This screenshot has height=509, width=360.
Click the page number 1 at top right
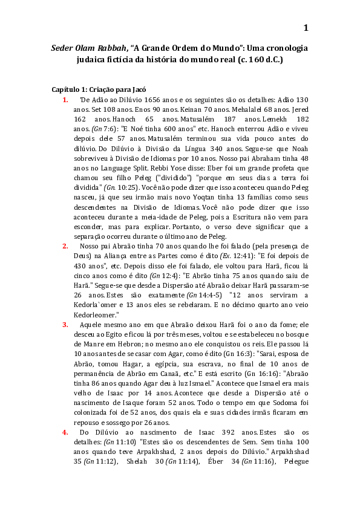(306, 28)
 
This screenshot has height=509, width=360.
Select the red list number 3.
(65, 325)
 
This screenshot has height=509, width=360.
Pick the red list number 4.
(65, 432)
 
